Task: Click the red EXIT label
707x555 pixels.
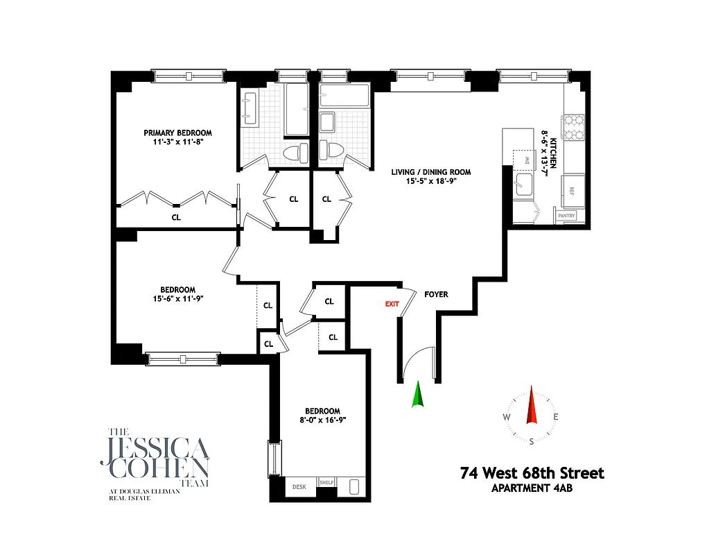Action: (x=392, y=304)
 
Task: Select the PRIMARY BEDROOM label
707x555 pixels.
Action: (x=177, y=133)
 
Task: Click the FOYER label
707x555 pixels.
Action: (x=437, y=294)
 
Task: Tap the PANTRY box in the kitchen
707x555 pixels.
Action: (x=566, y=216)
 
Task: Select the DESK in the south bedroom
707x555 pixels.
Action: (x=299, y=487)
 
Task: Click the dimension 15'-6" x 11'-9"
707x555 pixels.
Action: (x=177, y=299)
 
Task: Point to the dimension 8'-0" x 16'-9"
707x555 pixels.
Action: (x=322, y=419)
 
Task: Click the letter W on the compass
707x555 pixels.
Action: (x=507, y=417)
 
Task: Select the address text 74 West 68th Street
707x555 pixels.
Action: (x=532, y=473)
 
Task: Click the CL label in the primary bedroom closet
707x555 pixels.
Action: (x=176, y=217)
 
